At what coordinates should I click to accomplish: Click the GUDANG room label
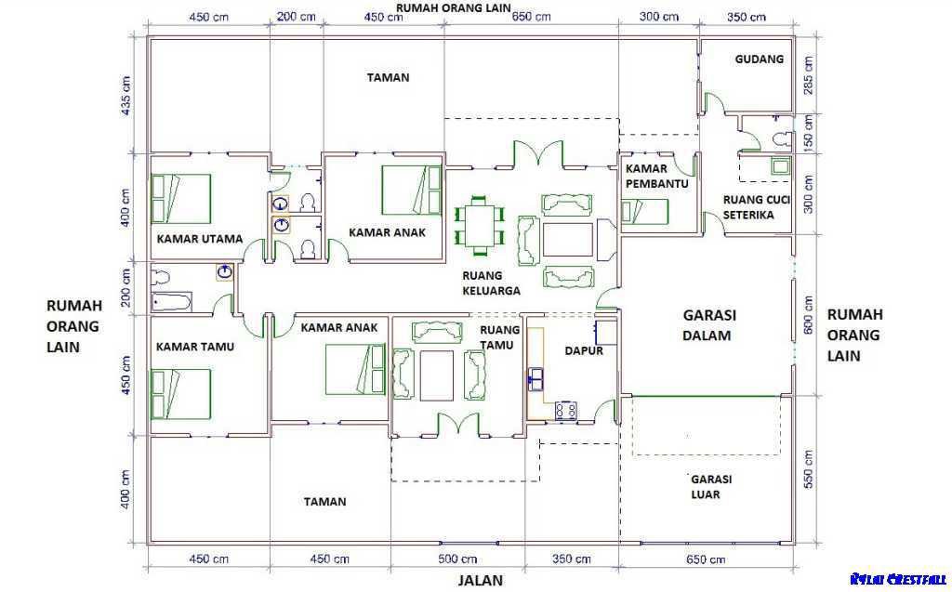(x=759, y=59)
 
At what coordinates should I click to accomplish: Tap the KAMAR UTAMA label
(x=199, y=239)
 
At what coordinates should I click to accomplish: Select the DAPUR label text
(x=584, y=351)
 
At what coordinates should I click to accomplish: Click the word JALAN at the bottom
(x=480, y=581)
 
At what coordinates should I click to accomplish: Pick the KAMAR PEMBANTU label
(x=656, y=177)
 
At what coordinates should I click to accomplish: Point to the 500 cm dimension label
(x=457, y=559)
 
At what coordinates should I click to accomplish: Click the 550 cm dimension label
(x=808, y=469)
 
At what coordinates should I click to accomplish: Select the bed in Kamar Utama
(x=182, y=199)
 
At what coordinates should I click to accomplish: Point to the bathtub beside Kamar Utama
(x=172, y=302)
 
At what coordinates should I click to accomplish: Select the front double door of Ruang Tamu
(x=456, y=424)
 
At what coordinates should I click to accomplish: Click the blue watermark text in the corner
(x=897, y=579)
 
